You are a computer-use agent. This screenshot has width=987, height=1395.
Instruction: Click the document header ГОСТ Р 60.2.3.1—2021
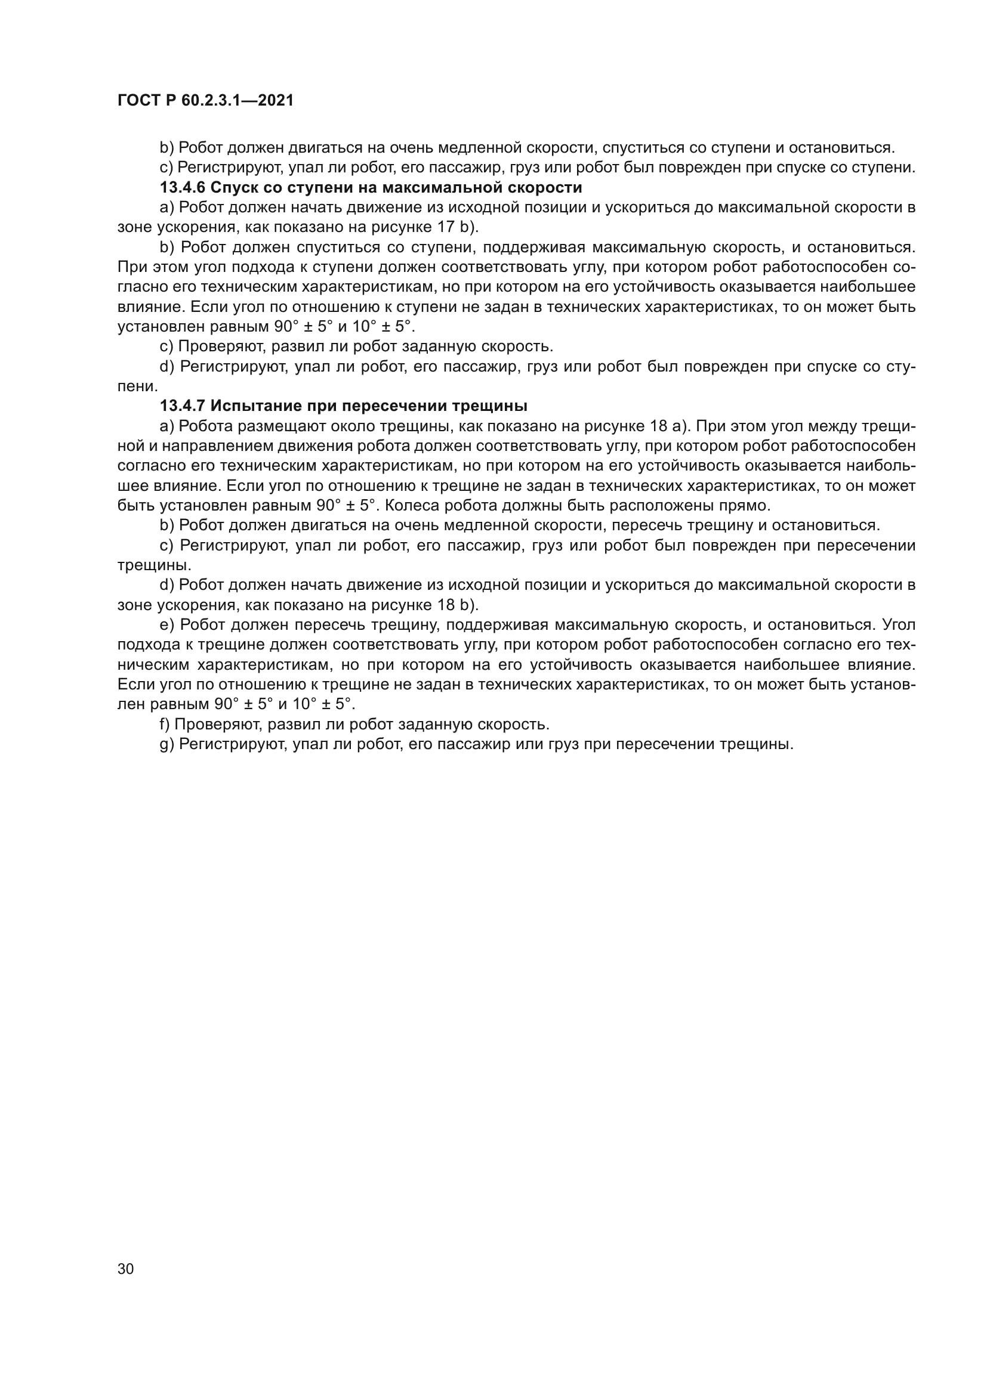pos(205,101)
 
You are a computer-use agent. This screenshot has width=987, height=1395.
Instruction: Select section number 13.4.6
pos(183,187)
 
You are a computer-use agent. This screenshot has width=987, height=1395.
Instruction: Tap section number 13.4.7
pos(183,406)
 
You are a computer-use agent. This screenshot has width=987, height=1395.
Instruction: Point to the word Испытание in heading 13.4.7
pos(258,406)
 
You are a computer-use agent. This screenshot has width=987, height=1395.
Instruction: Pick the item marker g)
pos(166,744)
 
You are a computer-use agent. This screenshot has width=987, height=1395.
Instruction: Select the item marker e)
pos(167,625)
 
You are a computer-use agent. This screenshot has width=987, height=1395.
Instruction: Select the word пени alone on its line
pos(137,386)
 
